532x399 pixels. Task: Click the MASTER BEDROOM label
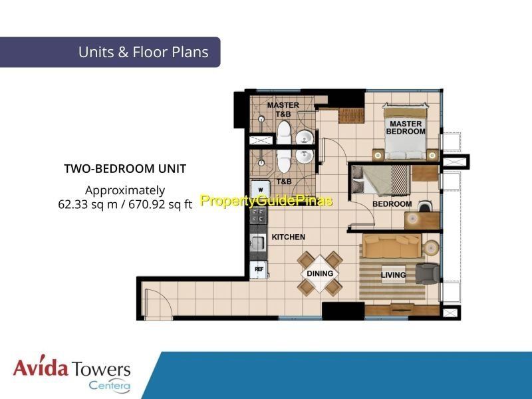(406, 128)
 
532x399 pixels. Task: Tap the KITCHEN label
(289, 237)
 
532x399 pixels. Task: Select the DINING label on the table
(320, 273)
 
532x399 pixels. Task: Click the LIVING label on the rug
(393, 275)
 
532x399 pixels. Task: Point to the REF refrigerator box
(259, 269)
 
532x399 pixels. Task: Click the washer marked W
(260, 190)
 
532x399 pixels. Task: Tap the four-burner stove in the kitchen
(258, 215)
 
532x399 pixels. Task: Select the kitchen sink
(258, 242)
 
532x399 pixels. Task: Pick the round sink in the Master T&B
(305, 138)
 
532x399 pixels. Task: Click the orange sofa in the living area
(392, 245)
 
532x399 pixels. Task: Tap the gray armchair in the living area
(428, 273)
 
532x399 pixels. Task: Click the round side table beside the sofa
(432, 247)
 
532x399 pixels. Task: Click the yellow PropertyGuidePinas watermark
(267, 201)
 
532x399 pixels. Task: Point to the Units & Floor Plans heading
(143, 52)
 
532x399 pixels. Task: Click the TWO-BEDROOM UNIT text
(125, 169)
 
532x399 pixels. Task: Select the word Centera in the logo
(110, 386)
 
